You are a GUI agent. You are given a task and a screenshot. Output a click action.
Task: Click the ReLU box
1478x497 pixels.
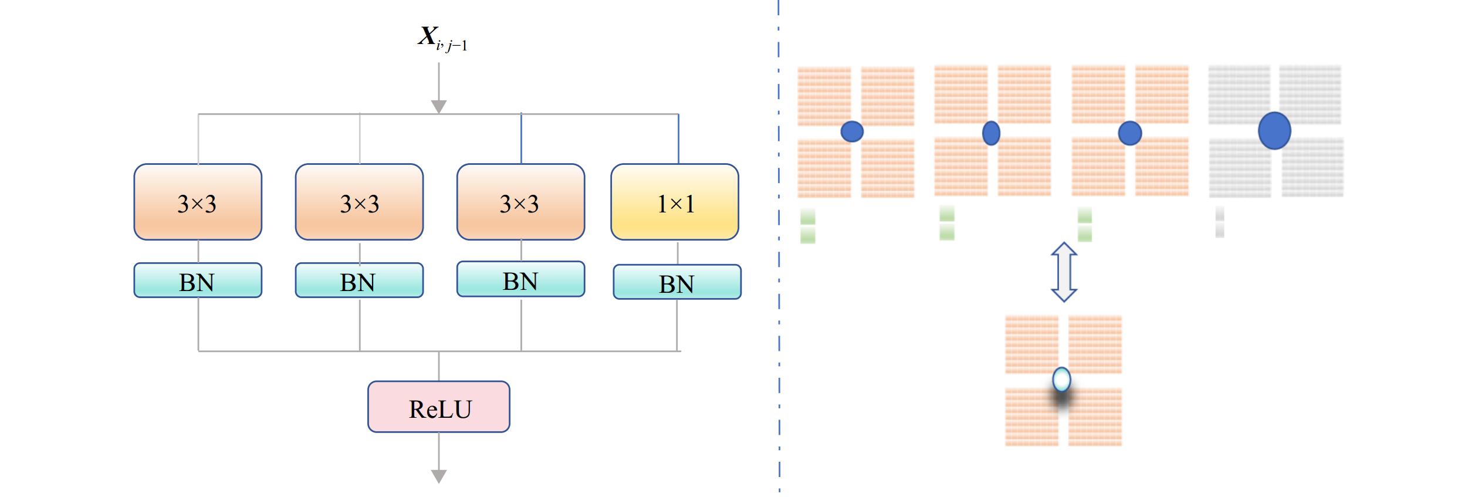pos(439,407)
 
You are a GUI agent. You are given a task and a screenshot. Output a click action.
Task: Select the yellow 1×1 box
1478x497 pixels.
pos(675,202)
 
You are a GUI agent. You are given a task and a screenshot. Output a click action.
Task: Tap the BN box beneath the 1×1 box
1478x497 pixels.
pos(677,282)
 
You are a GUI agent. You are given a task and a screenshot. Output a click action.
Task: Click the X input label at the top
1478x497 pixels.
pos(442,38)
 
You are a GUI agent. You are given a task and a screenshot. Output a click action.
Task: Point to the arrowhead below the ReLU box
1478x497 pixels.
pos(439,476)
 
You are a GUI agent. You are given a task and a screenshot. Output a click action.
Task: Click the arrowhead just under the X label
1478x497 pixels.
pos(439,107)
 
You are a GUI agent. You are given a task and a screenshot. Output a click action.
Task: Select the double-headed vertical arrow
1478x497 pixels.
pos(1063,272)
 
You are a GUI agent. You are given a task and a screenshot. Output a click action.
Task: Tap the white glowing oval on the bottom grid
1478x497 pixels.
pos(1061,380)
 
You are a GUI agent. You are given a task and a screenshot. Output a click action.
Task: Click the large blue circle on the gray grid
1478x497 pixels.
pos(1274,130)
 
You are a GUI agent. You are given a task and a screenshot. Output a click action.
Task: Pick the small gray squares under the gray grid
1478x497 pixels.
pos(1220,222)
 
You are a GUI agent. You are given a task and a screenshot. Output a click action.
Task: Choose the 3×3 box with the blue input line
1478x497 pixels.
pos(521,202)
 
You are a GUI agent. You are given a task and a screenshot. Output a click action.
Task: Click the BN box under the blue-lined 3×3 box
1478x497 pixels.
pos(521,279)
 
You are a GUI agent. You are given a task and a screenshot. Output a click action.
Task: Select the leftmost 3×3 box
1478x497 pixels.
pos(198,202)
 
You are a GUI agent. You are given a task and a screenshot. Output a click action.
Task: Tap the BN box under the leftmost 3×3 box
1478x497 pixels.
pos(198,280)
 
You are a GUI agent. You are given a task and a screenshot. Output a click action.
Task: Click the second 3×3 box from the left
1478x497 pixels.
pos(359,202)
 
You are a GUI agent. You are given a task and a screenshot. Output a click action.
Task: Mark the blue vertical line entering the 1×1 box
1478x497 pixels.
pos(679,138)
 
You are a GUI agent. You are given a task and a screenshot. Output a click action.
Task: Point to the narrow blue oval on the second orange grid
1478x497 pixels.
pos(991,133)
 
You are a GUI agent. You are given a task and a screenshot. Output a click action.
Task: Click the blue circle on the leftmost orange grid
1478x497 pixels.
pos(852,131)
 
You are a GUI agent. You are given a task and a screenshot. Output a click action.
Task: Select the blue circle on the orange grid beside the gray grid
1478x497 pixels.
pos(1129,133)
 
